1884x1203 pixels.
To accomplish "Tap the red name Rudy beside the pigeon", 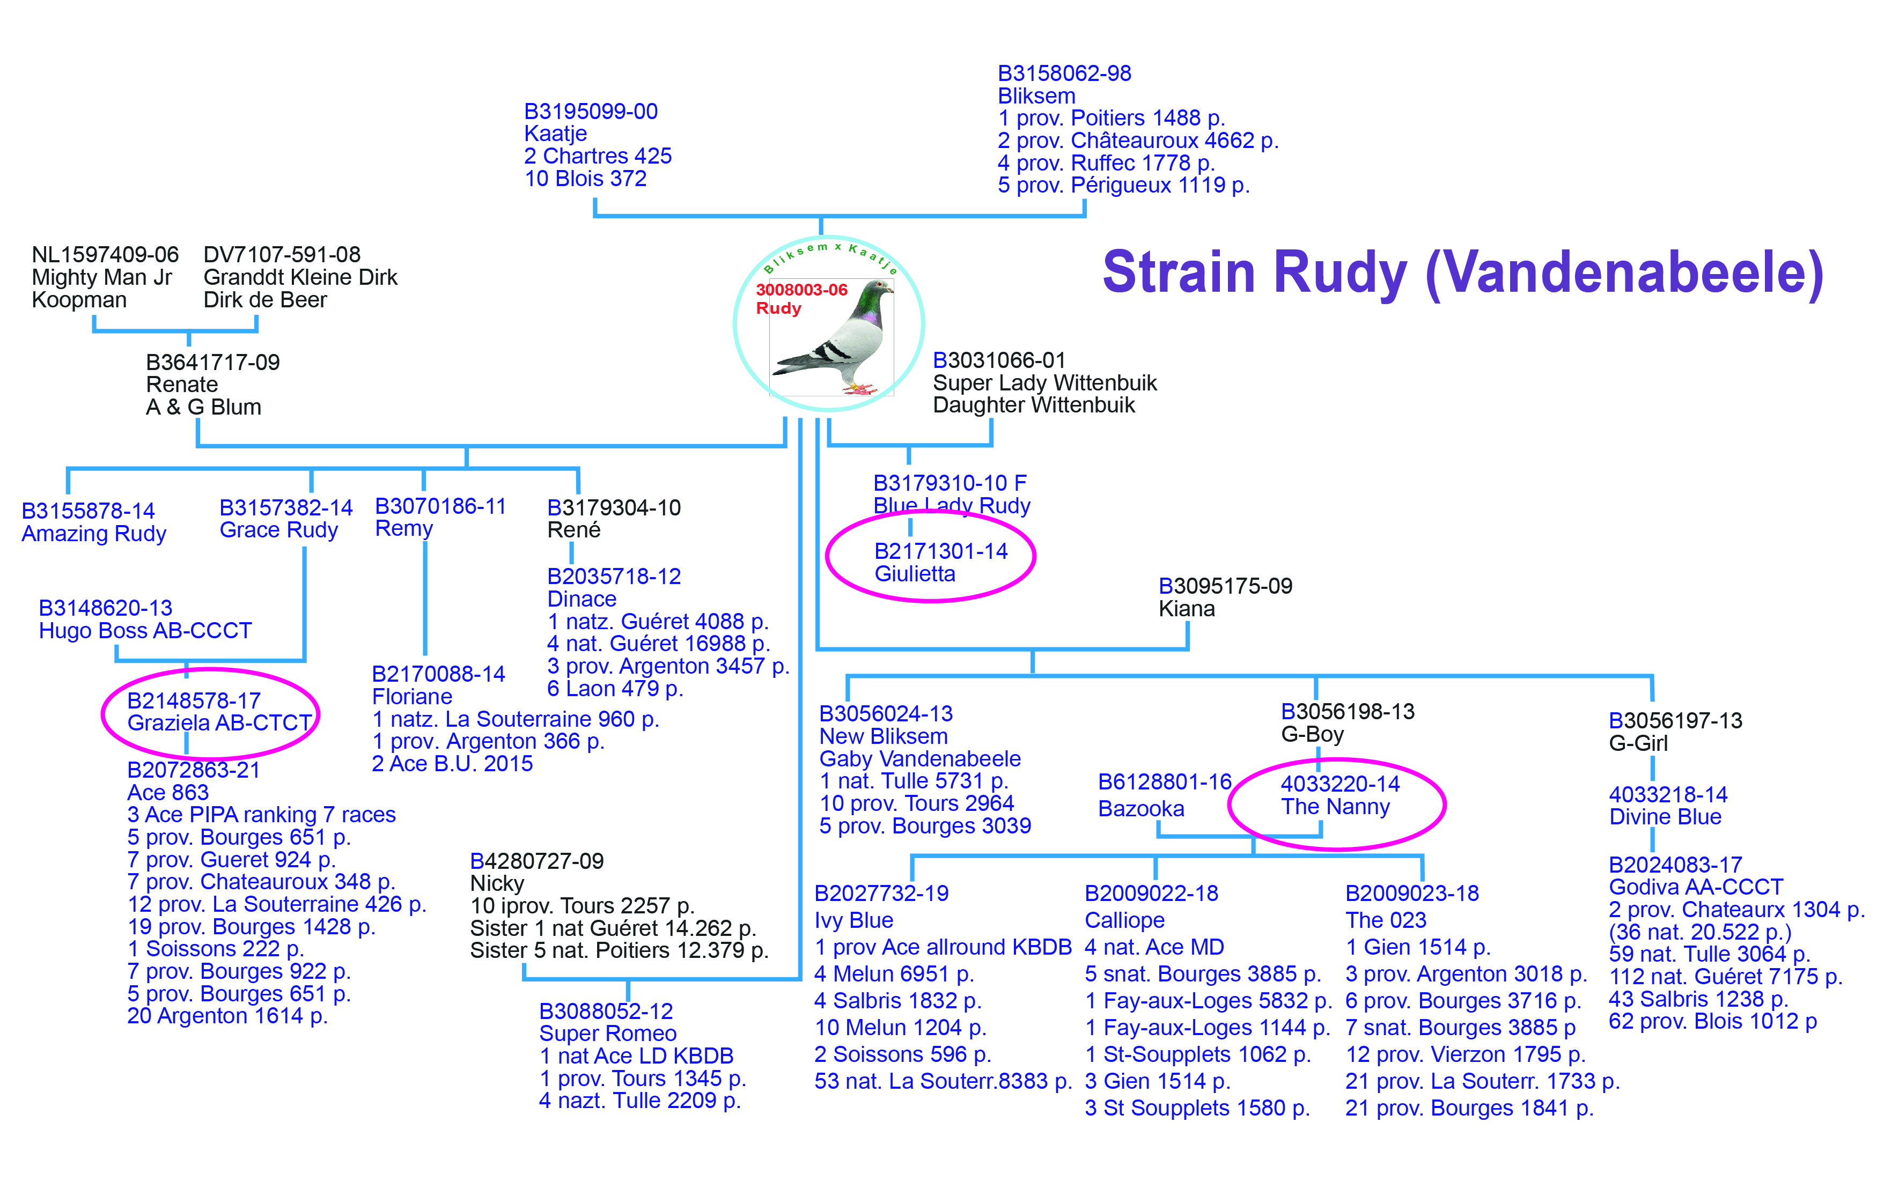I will (x=778, y=308).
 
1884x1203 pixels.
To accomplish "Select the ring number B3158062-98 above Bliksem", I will (x=1064, y=73).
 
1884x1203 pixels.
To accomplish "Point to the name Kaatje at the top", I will (x=556, y=134).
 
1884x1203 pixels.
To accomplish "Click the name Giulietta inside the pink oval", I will (x=915, y=574).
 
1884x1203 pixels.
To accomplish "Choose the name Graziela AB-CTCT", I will (x=219, y=723).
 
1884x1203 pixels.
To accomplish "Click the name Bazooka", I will (x=1140, y=809).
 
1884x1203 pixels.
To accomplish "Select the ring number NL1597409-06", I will (x=105, y=255).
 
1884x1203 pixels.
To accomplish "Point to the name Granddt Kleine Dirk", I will (x=300, y=278).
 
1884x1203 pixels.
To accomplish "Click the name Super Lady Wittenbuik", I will (x=1044, y=383).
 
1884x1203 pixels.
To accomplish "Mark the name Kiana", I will (x=1186, y=609).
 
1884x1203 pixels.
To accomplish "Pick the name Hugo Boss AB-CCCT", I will (x=145, y=631).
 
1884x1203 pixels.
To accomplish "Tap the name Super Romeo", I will (x=608, y=1034).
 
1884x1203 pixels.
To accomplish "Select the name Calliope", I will (x=1124, y=921).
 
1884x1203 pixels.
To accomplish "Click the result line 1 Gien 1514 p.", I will (x=1418, y=947).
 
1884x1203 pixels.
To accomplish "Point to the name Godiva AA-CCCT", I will (x=1696, y=888).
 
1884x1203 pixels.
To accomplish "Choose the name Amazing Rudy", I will (x=94, y=534).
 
